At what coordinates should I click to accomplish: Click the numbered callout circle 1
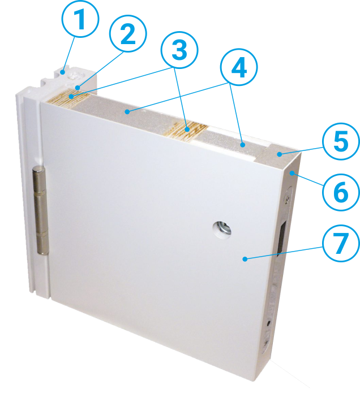(x=80, y=19)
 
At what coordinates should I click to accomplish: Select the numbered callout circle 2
(x=128, y=33)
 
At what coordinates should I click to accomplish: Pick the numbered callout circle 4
(x=239, y=67)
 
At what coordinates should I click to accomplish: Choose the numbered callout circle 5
(x=341, y=141)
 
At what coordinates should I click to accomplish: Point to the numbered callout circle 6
(x=341, y=192)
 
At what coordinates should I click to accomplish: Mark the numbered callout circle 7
(x=341, y=243)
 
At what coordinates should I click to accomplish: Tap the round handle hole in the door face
(x=222, y=229)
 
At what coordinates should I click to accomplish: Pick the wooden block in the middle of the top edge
(x=186, y=130)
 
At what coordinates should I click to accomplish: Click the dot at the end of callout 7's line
(x=245, y=259)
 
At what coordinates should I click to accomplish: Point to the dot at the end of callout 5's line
(x=279, y=154)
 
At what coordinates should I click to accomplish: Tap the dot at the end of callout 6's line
(x=293, y=173)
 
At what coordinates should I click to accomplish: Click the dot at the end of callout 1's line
(x=62, y=72)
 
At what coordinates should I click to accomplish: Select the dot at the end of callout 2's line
(x=78, y=88)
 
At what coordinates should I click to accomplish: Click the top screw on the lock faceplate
(x=287, y=199)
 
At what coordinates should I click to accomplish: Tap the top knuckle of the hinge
(x=38, y=180)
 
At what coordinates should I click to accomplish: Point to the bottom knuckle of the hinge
(x=42, y=243)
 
